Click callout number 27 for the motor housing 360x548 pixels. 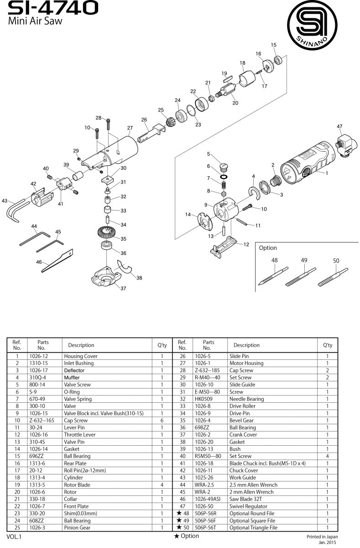tap(130, 128)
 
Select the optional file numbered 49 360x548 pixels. tap(301, 277)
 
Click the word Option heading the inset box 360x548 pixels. tap(268, 248)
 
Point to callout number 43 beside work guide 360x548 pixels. tap(4, 200)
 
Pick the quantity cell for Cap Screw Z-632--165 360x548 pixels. tap(162, 420)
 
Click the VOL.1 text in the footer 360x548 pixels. tap(14, 537)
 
